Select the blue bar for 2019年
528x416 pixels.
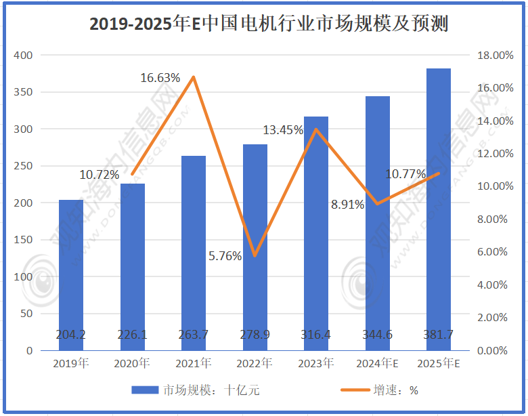71,271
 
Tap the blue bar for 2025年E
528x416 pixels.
439,203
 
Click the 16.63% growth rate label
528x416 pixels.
160,78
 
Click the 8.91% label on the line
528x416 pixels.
347,204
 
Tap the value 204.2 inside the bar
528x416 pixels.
71,334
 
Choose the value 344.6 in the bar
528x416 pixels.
378,334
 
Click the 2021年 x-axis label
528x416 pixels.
194,364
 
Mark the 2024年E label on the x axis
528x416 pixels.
378,364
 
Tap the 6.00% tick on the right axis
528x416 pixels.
492,252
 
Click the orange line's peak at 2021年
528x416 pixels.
194,77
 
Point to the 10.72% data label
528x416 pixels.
99,175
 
